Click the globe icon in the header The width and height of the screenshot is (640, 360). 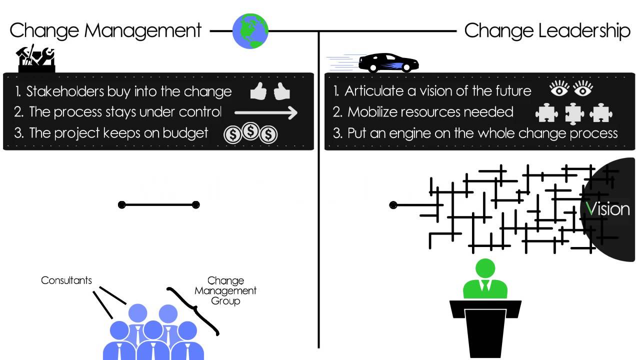pyautogui.click(x=250, y=31)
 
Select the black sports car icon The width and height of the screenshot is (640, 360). pyautogui.click(x=388, y=62)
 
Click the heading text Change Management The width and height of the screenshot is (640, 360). pyautogui.click(x=105, y=30)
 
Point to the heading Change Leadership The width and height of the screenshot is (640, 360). pyautogui.click(x=547, y=30)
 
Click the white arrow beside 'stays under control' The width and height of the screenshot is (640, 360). pyautogui.click(x=266, y=112)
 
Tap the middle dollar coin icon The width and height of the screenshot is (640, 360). pyautogui.click(x=250, y=132)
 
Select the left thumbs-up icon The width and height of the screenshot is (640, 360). pyautogui.click(x=258, y=91)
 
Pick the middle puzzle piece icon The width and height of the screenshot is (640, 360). pyautogui.click(x=574, y=113)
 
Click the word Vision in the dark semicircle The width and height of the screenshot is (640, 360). pyautogui.click(x=607, y=208)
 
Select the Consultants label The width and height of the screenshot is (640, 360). pyautogui.click(x=66, y=280)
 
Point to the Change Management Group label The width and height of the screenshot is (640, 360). pyautogui.click(x=225, y=290)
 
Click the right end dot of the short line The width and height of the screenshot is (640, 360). pyautogui.click(x=195, y=204)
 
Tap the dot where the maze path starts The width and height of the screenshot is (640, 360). pyautogui.click(x=393, y=204)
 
